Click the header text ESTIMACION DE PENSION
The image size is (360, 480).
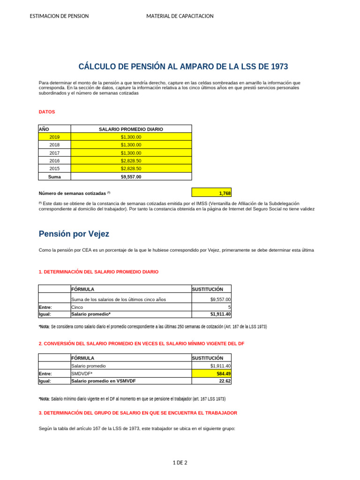pyautogui.click(x=59, y=16)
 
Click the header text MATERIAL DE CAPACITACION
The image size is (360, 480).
pyautogui.click(x=180, y=16)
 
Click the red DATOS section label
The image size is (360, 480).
pyautogui.click(x=46, y=112)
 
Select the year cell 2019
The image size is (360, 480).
pyautogui.click(x=54, y=137)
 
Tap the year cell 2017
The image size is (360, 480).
pyautogui.click(x=54, y=153)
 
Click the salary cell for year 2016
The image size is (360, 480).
pyautogui.click(x=131, y=161)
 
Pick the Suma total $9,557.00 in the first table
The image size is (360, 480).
pyautogui.click(x=131, y=177)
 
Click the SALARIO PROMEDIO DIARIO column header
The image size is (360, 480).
pyautogui.click(x=131, y=129)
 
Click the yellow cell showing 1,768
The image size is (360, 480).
pyautogui.click(x=211, y=193)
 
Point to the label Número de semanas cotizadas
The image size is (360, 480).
pyautogui.click(x=72, y=193)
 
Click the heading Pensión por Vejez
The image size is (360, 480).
pyautogui.click(x=74, y=233)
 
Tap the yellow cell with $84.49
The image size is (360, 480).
pyautogui.click(x=211, y=374)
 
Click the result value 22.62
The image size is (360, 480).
pyautogui.click(x=211, y=381)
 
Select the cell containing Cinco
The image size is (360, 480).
pyautogui.click(x=131, y=307)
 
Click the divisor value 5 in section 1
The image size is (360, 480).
pyautogui.click(x=211, y=307)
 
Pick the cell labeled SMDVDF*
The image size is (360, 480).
pyautogui.click(x=131, y=374)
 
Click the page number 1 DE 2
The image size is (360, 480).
pyautogui.click(x=180, y=463)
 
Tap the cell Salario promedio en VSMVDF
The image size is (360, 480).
pyautogui.click(x=131, y=381)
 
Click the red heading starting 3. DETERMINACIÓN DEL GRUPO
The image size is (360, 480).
pyautogui.click(x=138, y=413)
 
